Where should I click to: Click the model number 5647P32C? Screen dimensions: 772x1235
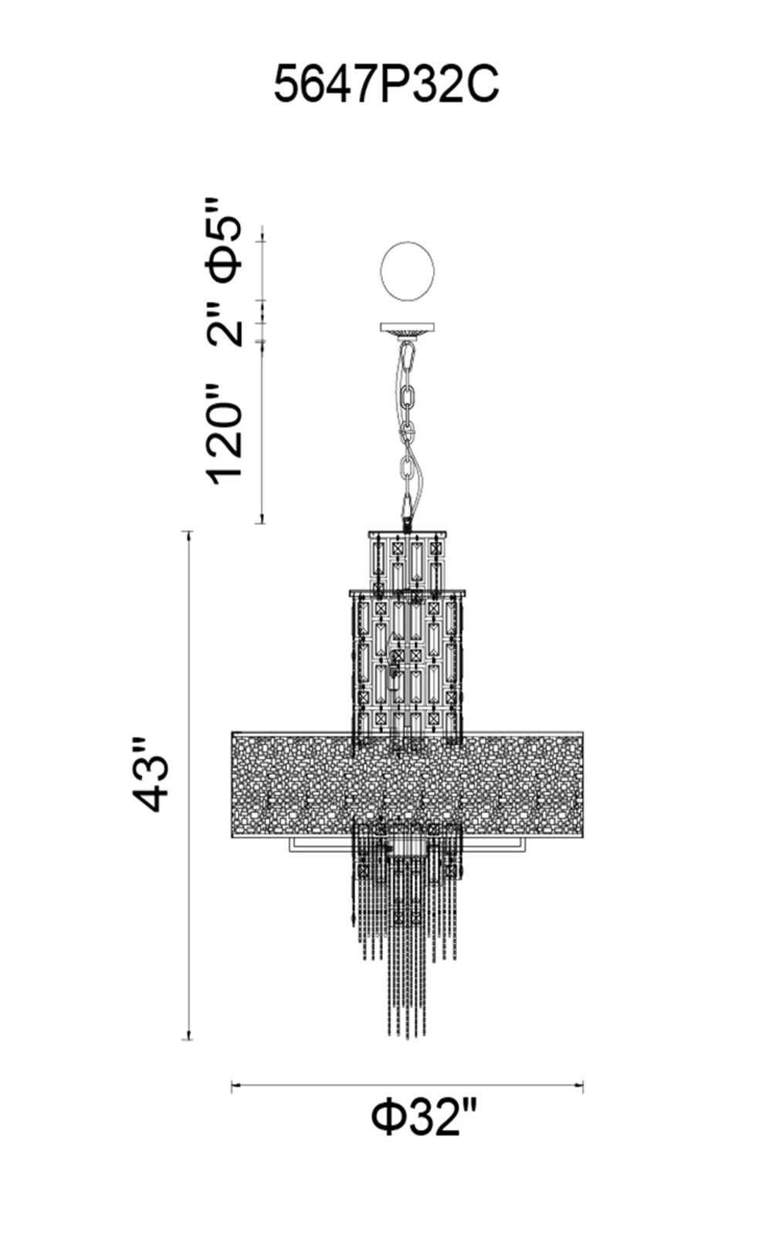tap(386, 84)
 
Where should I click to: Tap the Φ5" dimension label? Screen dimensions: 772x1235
tap(224, 241)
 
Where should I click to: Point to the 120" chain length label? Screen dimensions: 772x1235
tap(225, 434)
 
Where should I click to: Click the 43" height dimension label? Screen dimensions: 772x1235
tap(150, 774)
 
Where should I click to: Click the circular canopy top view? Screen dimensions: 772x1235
tap(408, 271)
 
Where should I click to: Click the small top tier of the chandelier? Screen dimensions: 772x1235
tap(407, 560)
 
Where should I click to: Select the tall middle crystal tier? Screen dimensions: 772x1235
tap(407, 664)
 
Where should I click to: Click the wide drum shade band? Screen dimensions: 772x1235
tap(407, 783)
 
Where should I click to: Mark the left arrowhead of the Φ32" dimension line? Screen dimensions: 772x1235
tap(235, 1086)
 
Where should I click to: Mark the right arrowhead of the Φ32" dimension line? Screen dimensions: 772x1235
tap(581, 1086)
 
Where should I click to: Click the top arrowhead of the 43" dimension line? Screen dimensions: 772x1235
tap(187, 534)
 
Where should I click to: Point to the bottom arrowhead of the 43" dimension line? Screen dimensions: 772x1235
tap(187, 1037)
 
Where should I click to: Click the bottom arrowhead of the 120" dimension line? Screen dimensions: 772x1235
tap(262, 521)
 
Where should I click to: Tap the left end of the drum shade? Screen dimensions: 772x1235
tap(233, 783)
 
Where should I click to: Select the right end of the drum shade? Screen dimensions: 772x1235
tap(582, 783)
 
